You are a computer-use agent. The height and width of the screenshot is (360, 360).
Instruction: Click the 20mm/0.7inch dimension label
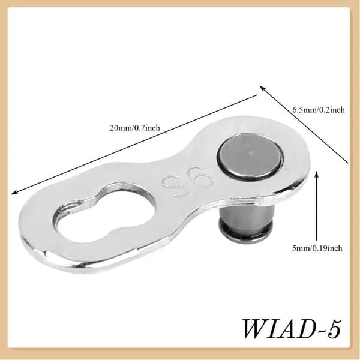tap(135, 128)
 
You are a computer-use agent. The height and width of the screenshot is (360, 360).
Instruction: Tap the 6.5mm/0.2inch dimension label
tap(319, 110)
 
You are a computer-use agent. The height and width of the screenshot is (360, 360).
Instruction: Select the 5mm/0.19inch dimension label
tap(317, 248)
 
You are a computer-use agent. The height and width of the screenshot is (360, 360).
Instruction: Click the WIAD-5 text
tap(292, 329)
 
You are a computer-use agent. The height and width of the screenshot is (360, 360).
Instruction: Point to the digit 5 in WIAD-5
tap(333, 329)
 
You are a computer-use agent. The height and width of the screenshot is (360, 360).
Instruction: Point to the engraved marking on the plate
tap(187, 181)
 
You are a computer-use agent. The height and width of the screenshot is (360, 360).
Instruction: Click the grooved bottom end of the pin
tap(246, 231)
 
